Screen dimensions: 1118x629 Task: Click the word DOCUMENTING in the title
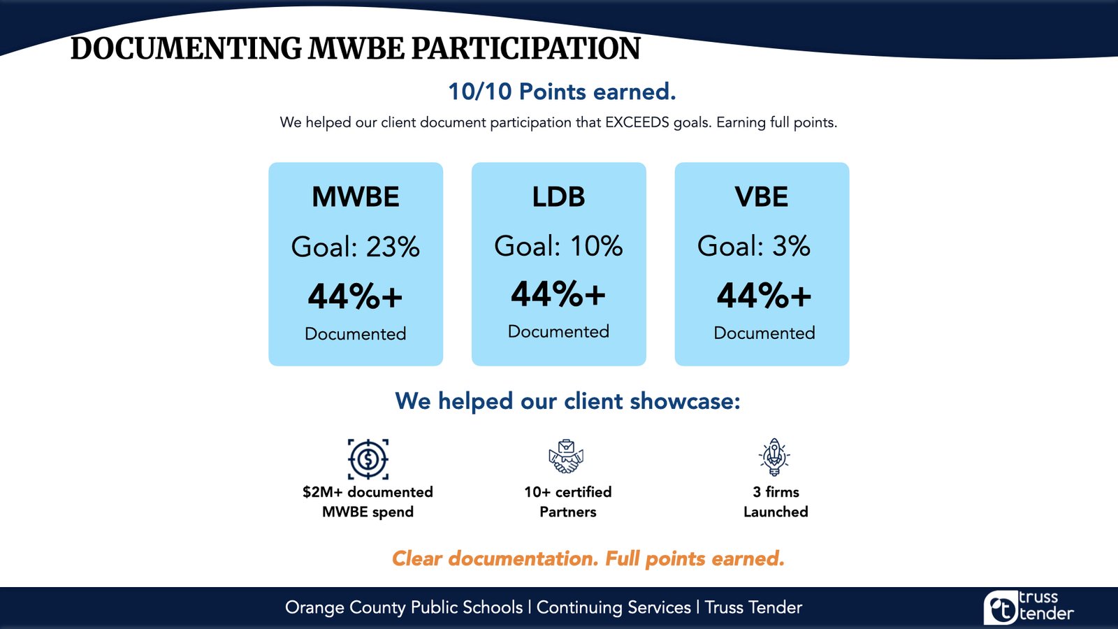coord(186,48)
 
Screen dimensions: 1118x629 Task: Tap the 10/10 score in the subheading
coord(479,92)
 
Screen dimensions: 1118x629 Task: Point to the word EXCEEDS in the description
coord(637,122)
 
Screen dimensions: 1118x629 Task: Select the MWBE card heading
coord(356,196)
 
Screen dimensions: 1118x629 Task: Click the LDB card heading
coord(558,196)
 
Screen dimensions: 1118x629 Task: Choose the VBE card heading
coord(761,196)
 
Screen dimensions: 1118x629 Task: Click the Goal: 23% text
coord(356,247)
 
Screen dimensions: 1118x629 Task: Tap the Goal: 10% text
coord(558,245)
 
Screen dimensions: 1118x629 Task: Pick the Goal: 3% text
coord(754,245)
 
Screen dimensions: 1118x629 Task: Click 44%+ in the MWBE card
coord(355,296)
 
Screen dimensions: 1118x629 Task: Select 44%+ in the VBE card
coord(764,296)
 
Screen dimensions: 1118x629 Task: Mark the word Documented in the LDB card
coord(558,331)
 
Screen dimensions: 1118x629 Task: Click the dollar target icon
coord(368,459)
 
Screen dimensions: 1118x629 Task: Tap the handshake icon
coord(566,456)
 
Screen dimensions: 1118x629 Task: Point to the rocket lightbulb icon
coord(774,457)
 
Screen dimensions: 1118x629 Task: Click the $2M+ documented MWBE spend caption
coord(368,502)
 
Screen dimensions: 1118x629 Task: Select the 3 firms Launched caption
coord(776,502)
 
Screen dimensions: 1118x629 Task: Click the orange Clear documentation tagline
coord(588,558)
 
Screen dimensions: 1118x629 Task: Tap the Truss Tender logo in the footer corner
coord(1029,607)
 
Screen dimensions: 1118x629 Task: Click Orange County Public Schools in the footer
coord(404,607)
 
